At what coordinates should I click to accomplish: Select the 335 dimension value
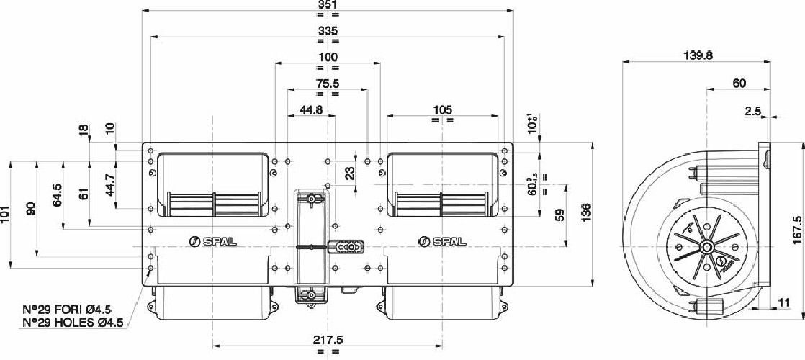327,31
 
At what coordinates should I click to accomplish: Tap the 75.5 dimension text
327,84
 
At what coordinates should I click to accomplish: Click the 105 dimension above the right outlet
442,109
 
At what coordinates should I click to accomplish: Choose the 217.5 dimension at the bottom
328,340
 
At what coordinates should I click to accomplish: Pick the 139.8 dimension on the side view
696,57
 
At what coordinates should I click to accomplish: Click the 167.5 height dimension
796,230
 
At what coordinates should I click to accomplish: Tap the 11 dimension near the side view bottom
784,303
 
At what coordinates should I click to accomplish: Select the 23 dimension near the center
349,173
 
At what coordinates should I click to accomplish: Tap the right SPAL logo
441,242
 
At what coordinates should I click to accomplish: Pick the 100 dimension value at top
327,57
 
